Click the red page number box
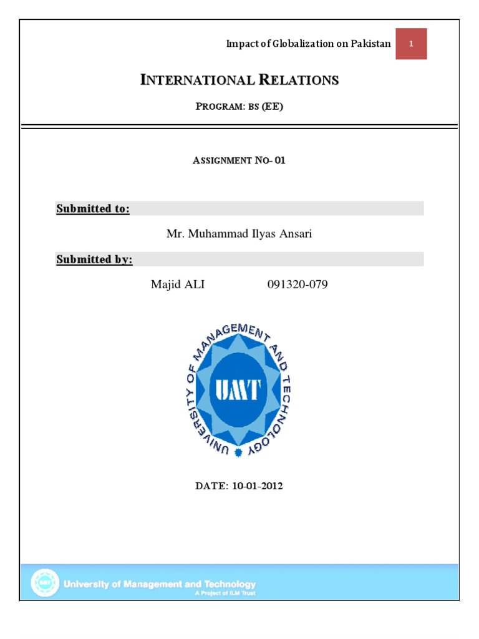point(411,44)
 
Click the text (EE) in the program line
point(272,106)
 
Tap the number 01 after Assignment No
point(279,160)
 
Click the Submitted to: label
point(93,208)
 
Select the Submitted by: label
point(94,259)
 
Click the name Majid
point(165,285)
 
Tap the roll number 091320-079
point(298,285)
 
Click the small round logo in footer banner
point(45,583)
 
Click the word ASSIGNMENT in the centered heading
point(222,160)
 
